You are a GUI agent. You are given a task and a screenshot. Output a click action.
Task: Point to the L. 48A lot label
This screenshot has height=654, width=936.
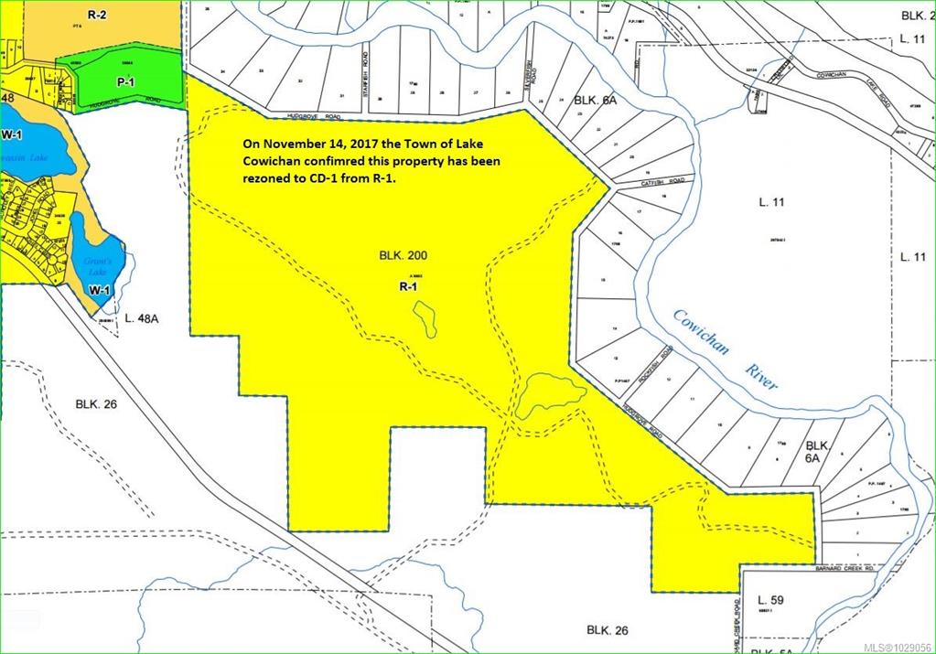pyautogui.click(x=142, y=319)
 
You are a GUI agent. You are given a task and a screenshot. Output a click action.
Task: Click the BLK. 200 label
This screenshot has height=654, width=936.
pyautogui.click(x=402, y=257)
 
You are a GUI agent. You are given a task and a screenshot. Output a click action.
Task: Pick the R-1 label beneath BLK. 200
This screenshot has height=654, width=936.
pyautogui.click(x=408, y=286)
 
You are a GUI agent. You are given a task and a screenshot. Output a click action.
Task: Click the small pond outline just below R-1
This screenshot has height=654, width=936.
pyautogui.click(x=424, y=319)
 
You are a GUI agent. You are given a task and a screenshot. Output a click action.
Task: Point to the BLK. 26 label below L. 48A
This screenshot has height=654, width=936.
pyautogui.click(x=98, y=403)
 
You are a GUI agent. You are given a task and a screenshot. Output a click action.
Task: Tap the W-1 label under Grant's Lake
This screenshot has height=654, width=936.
pyautogui.click(x=100, y=290)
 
